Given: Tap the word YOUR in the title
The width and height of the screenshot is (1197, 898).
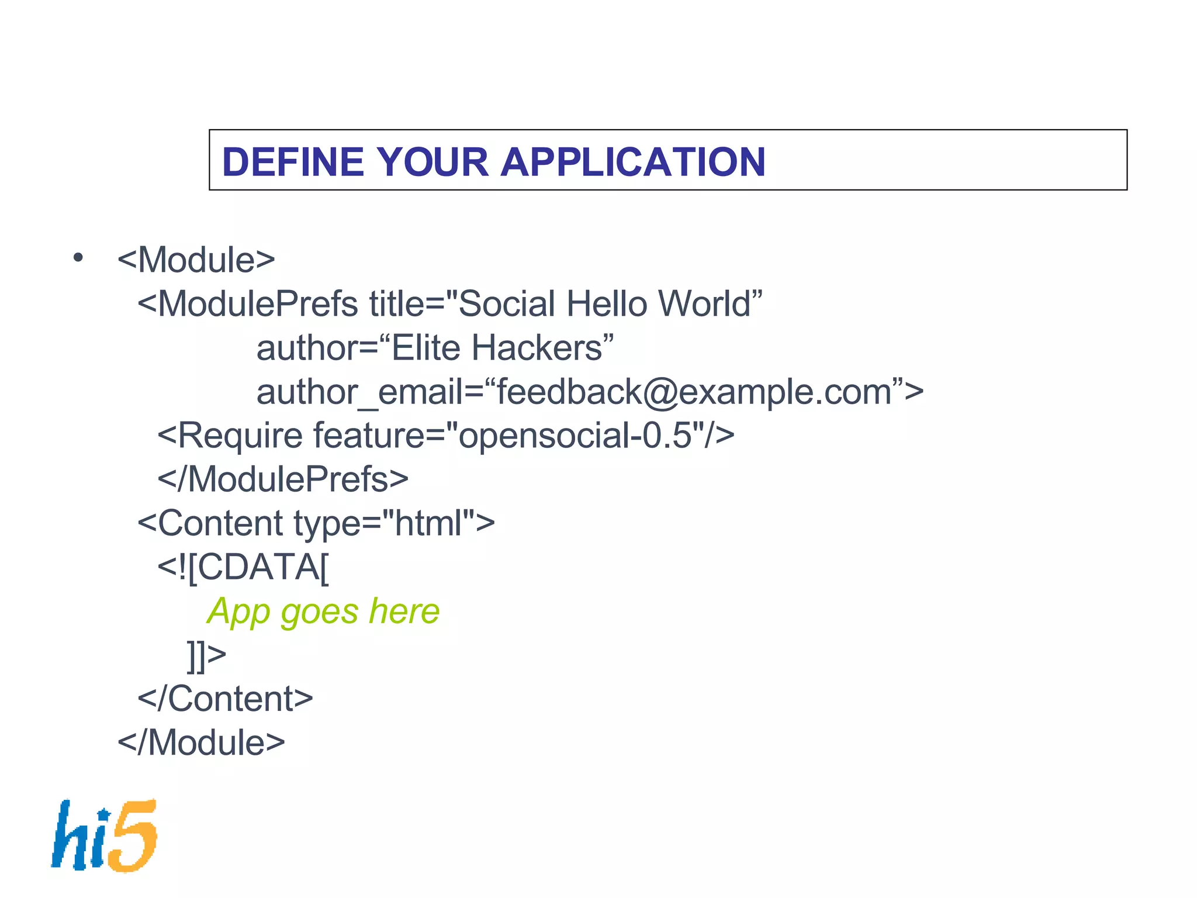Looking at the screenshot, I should pos(432,162).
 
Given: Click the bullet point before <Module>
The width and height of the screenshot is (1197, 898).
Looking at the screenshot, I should pos(78,258).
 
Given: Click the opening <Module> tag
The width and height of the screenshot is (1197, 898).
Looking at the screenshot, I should pos(196,260).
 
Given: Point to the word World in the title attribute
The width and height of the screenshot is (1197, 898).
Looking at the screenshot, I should pos(704,304).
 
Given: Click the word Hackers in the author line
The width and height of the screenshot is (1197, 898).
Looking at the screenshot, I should pos(537,348).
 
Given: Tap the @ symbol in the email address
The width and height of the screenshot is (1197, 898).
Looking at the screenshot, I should pos(660,392).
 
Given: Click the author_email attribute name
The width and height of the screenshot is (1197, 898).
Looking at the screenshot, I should pos(359,392).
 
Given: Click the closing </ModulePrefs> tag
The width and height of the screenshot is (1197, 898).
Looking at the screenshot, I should pos(283,480).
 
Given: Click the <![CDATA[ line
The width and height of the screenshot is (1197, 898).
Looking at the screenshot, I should pos(243,567).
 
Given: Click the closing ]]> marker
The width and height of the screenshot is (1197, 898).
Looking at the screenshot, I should pos(206,655).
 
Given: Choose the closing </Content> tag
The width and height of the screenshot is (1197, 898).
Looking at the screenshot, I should pos(225,699).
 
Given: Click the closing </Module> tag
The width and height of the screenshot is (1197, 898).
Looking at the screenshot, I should pos(201,743).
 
